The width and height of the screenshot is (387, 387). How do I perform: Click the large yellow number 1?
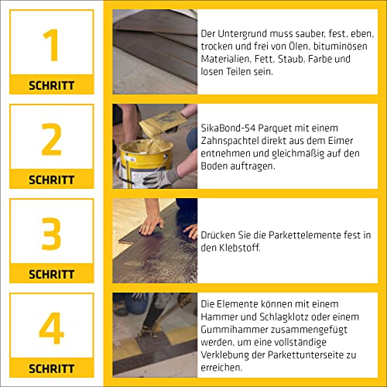pyautogui.click(x=52, y=45)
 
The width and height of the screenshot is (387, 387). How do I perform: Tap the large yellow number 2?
pyautogui.click(x=52, y=139)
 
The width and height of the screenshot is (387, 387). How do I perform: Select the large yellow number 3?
pyautogui.click(x=52, y=234)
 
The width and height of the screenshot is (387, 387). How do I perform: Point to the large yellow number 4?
pyautogui.click(x=52, y=328)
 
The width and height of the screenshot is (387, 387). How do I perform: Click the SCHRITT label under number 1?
pyautogui.click(x=52, y=85)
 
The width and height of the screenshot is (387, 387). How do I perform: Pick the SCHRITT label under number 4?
pyautogui.click(x=52, y=368)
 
